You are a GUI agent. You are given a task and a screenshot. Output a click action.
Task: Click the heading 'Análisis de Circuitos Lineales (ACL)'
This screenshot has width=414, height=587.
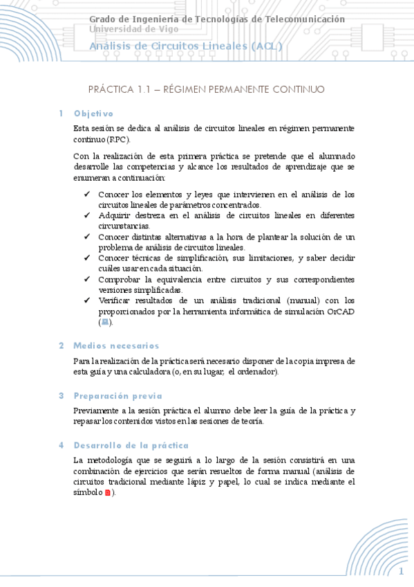185,46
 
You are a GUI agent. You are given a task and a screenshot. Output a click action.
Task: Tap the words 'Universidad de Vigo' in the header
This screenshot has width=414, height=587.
133,29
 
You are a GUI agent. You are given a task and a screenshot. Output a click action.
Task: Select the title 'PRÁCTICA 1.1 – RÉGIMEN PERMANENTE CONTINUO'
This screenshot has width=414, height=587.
206,90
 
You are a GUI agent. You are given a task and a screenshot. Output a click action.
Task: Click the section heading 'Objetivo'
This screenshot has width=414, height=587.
93,114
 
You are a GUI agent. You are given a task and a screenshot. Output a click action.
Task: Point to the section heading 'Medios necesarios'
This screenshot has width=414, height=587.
116,345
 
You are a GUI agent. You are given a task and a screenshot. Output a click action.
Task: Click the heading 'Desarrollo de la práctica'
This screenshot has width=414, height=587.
131,446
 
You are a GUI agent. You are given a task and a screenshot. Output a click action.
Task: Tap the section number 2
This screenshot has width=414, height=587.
61,345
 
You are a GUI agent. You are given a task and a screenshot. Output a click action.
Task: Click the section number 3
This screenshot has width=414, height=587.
61,396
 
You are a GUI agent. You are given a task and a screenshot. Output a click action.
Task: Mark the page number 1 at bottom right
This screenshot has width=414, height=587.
401,571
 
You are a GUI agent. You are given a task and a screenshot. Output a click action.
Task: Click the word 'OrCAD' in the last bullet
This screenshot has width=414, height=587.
340,311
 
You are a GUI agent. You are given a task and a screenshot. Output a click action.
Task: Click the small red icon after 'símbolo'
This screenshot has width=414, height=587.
107,493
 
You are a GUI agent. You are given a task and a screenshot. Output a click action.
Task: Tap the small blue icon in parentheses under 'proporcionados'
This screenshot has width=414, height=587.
104,323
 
